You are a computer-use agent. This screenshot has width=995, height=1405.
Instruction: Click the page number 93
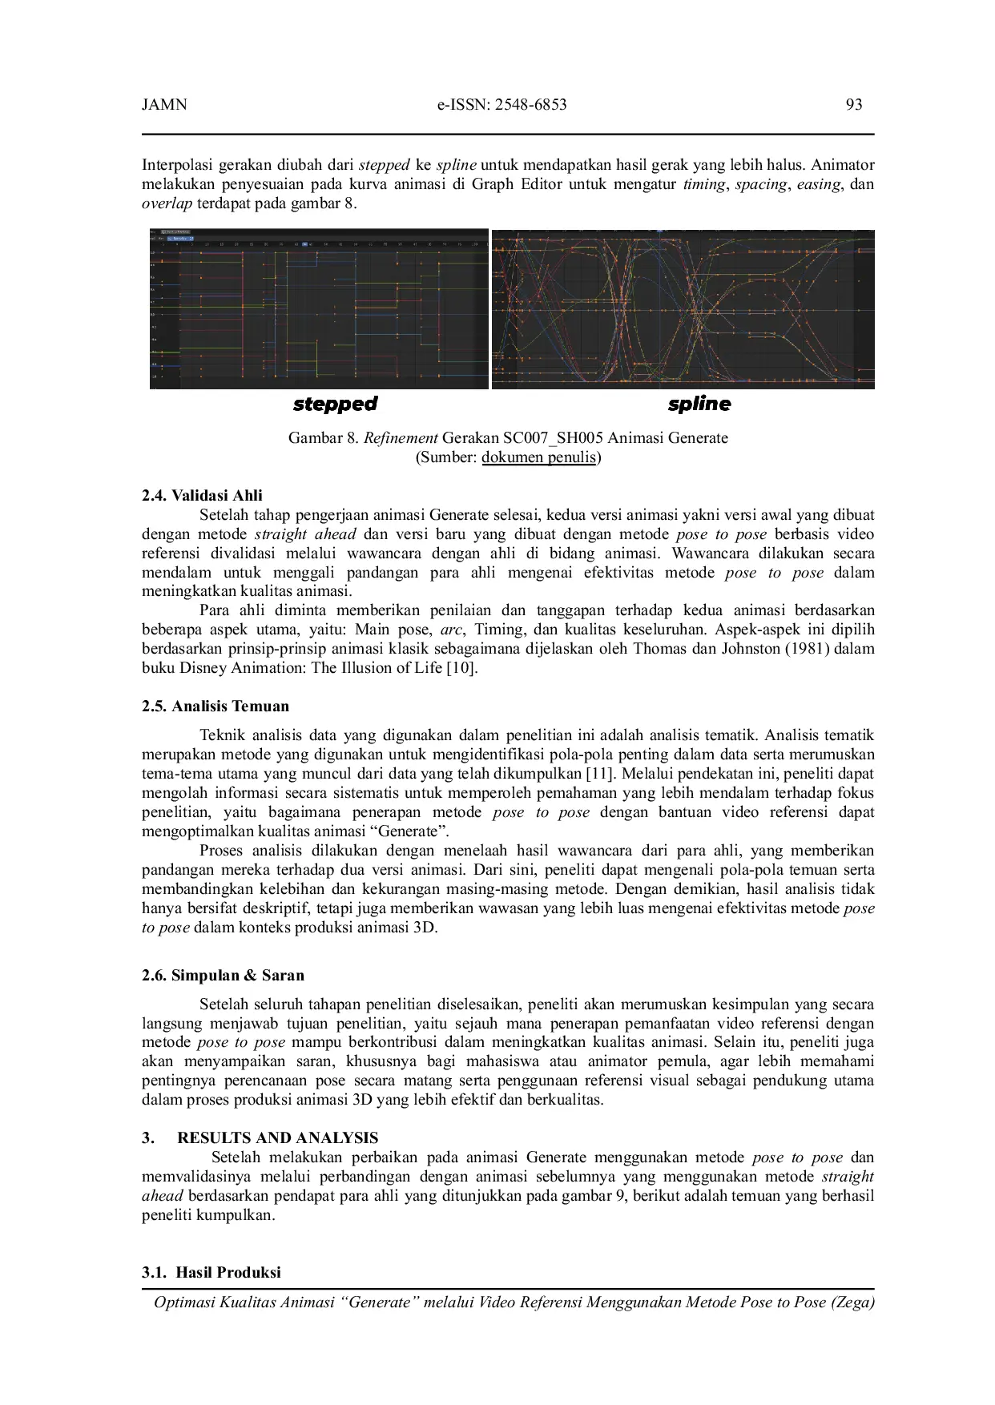pos(853,105)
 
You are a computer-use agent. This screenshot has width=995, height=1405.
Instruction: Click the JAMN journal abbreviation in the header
pos(164,105)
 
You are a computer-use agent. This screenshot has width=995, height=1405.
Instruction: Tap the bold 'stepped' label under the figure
pos(335,404)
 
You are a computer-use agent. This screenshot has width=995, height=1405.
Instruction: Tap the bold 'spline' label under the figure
pos(699,404)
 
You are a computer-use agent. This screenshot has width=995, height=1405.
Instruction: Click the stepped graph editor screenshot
pos(319,309)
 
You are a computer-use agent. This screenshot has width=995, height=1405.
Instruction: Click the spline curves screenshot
pos(683,309)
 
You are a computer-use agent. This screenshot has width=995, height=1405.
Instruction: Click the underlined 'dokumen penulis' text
pos(539,457)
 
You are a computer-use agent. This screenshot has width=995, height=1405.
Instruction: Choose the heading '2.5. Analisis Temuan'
pos(216,707)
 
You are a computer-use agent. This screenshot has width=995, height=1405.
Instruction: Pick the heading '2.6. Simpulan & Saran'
pos(223,976)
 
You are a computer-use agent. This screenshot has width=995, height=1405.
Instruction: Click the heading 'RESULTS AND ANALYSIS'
pos(277,1138)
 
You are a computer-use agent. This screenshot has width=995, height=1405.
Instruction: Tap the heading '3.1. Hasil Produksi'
pos(211,1273)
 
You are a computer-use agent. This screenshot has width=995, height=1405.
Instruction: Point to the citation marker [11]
pos(599,774)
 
